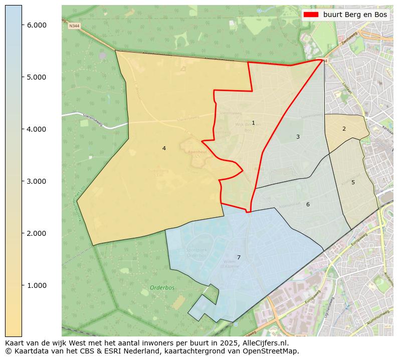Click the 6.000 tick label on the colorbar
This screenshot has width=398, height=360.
click(37, 25)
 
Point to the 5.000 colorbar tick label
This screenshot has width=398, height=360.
click(37, 77)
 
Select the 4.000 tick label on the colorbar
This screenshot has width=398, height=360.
click(37, 129)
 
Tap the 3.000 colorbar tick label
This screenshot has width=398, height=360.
click(37, 181)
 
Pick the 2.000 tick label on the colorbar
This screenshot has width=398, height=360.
click(37, 233)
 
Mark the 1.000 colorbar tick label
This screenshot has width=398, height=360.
click(37, 285)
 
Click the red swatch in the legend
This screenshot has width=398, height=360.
click(311, 15)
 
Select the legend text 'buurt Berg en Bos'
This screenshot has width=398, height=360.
click(355, 15)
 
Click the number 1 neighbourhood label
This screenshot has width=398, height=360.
click(253, 123)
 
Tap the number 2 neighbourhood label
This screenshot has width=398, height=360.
click(344, 129)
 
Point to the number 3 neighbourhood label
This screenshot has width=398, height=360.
click(298, 137)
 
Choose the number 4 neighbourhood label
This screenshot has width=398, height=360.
click(164, 148)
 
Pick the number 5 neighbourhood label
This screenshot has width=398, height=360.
click(353, 183)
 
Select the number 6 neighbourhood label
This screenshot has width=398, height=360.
click(308, 204)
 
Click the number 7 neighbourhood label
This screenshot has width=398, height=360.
click(239, 258)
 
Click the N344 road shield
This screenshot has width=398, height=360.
click(74, 26)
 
